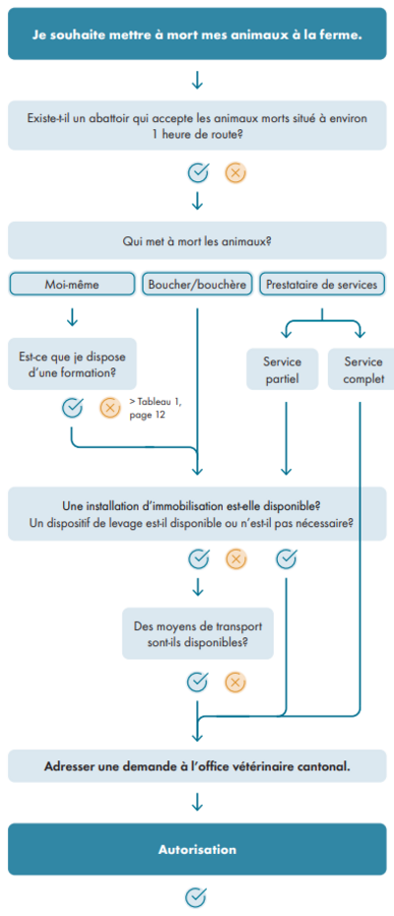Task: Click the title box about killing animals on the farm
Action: [197, 33]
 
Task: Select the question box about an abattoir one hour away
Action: [197, 125]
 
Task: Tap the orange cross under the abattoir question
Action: [235, 173]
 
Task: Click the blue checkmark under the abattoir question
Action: [198, 173]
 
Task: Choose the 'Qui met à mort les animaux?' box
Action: [197, 240]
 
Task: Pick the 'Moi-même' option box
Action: [72, 285]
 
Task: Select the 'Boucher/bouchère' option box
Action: [197, 285]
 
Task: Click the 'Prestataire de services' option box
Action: [322, 285]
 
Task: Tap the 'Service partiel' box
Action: [283, 369]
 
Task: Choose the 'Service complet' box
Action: [361, 369]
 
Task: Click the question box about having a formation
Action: [72, 363]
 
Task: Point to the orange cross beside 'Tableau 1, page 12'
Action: [109, 408]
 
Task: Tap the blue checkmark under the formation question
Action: [72, 408]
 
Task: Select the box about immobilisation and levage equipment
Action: [197, 513]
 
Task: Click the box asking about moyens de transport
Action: [198, 634]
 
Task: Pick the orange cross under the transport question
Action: [235, 682]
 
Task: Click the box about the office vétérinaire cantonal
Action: [197, 766]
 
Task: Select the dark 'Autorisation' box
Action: [197, 849]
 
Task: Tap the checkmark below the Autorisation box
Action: [196, 896]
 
